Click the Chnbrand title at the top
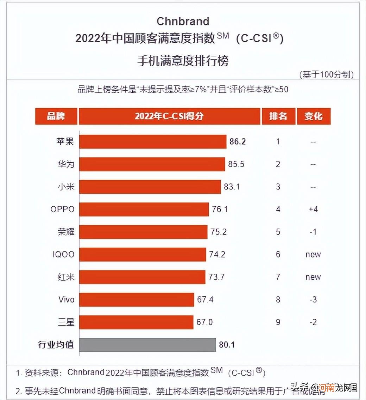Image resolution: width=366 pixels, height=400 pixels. pyautogui.click(x=183, y=21)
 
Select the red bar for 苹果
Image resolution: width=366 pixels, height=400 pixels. pyautogui.click(x=153, y=142)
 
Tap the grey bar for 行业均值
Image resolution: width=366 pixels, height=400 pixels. pyautogui.click(x=147, y=345)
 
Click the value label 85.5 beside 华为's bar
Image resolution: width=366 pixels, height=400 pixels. pyautogui.click(x=236, y=164)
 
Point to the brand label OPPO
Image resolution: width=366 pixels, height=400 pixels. pyautogui.click(x=63, y=209)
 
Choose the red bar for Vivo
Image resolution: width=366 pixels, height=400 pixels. pyautogui.click(x=137, y=300)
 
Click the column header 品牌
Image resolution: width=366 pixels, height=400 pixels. pyautogui.click(x=56, y=116)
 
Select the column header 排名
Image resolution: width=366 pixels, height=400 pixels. pyautogui.click(x=278, y=116)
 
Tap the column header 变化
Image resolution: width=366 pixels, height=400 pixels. pyautogui.click(x=313, y=116)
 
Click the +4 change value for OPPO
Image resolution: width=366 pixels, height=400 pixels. pyautogui.click(x=313, y=209)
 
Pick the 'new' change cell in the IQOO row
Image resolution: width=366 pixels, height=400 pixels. pyautogui.click(x=313, y=254)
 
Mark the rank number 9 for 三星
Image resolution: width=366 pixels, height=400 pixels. pyautogui.click(x=278, y=322)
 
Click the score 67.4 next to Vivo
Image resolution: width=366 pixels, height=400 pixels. pyautogui.click(x=205, y=300)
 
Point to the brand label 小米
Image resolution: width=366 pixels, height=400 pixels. pyautogui.click(x=66, y=187)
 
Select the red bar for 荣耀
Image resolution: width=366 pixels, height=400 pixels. pyautogui.click(x=143, y=232)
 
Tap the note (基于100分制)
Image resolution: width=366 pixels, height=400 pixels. pyautogui.click(x=326, y=74)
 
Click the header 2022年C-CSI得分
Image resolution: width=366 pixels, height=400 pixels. pyautogui.click(x=169, y=116)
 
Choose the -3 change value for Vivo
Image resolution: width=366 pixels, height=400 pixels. pyautogui.click(x=313, y=300)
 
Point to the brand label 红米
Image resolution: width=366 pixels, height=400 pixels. pyautogui.click(x=66, y=277)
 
